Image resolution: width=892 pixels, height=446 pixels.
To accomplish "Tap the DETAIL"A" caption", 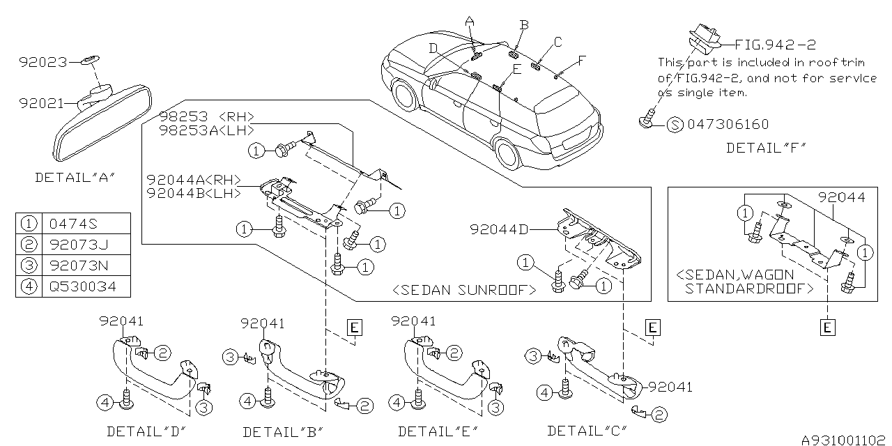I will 75,178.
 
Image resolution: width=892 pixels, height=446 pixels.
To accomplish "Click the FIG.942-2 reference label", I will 775,45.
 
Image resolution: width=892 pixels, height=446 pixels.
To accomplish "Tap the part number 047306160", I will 728,125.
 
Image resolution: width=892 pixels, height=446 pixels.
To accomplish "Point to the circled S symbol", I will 675,125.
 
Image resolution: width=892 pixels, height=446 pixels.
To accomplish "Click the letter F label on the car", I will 583,60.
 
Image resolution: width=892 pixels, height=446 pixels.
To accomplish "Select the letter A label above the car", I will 469,22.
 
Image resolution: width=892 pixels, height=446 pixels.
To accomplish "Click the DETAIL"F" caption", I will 765,148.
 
